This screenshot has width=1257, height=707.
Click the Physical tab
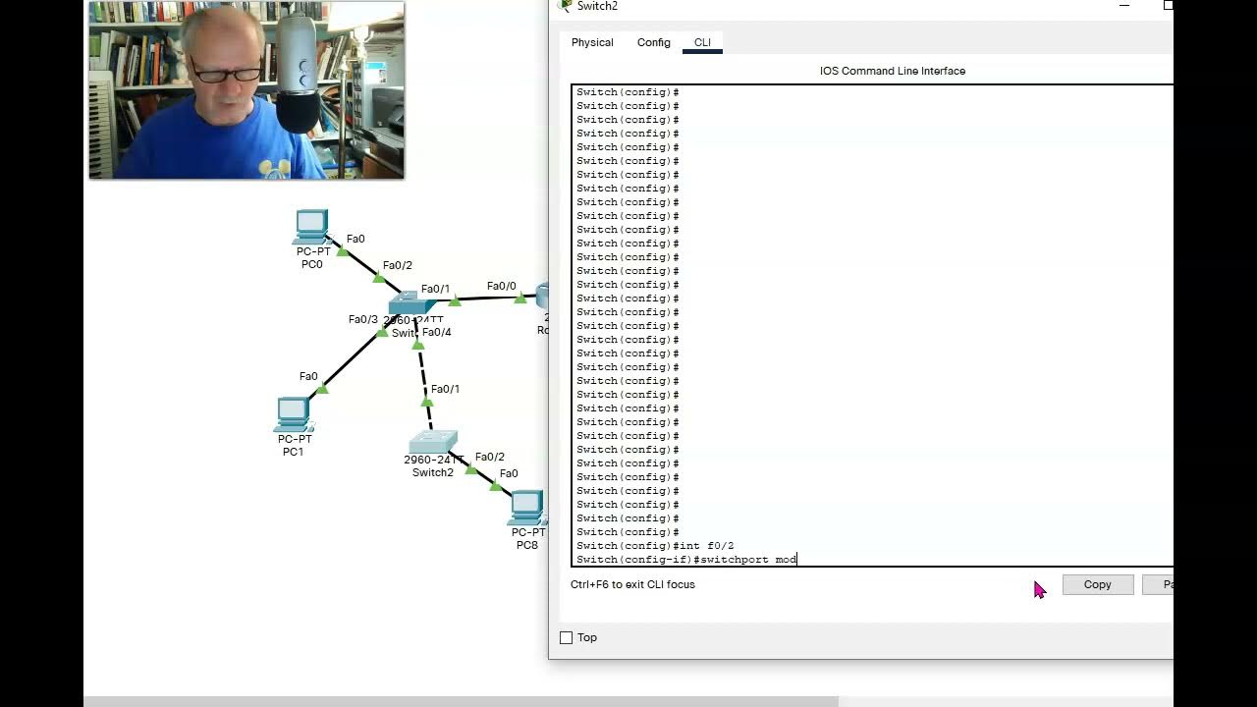coord(592,42)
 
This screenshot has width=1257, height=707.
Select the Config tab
coord(653,42)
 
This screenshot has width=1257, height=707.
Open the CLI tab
coord(702,42)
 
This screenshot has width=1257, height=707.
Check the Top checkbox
coord(567,638)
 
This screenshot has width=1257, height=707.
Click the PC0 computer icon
coord(311,227)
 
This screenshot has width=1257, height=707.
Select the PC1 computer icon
coord(293,414)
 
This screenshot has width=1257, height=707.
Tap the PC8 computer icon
coord(527,507)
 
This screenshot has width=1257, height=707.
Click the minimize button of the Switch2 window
coord(1124,6)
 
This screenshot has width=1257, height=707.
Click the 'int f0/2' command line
coord(704,546)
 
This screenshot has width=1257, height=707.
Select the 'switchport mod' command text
coord(748,560)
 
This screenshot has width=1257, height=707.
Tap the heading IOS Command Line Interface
coord(892,71)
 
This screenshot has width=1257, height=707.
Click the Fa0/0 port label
coord(501,286)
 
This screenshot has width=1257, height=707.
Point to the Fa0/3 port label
coord(362,319)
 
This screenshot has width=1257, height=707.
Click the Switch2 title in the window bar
coord(597,6)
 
